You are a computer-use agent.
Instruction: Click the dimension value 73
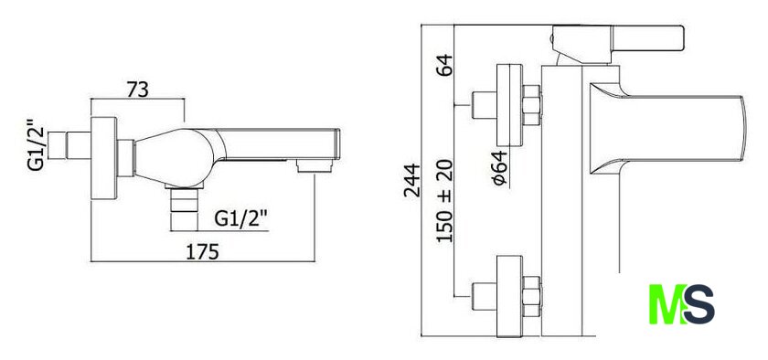click(x=138, y=90)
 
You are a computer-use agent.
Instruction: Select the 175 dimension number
click(x=202, y=252)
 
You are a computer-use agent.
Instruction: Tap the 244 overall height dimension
click(x=412, y=180)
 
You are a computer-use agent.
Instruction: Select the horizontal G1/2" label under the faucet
click(x=242, y=219)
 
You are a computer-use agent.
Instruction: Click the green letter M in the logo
click(x=667, y=303)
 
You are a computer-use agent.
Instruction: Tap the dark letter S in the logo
click(x=699, y=304)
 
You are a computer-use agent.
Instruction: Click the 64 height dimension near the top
click(x=445, y=65)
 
